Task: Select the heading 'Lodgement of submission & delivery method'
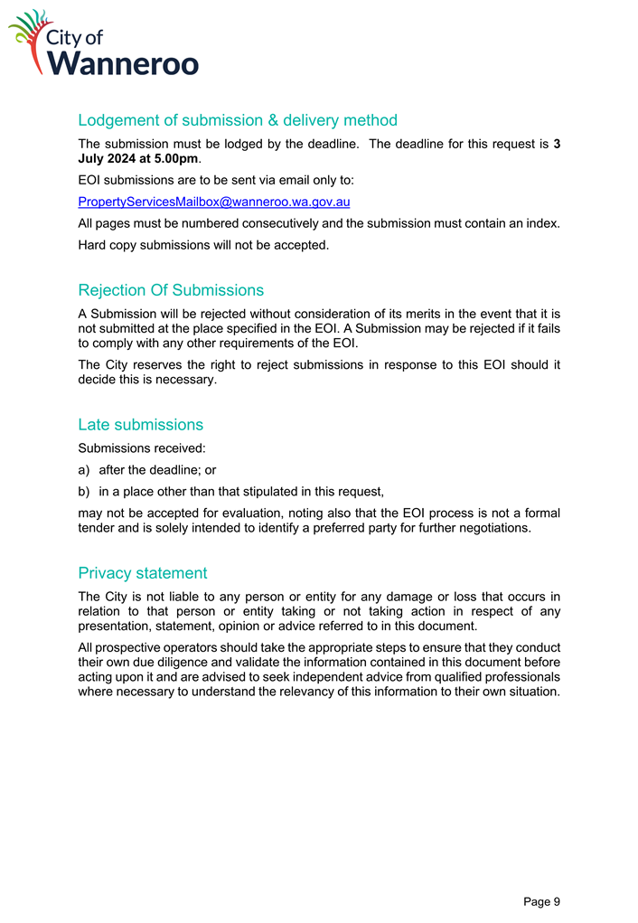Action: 238,120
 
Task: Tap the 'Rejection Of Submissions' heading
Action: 171,290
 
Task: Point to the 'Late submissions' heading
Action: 140,424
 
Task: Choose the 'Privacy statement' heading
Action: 142,572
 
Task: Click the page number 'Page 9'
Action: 541,901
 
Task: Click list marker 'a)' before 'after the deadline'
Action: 85,470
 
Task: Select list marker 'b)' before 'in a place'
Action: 85,493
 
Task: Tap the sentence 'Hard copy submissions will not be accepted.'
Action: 203,245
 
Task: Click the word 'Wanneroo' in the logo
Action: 124,63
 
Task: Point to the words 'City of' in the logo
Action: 83,37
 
